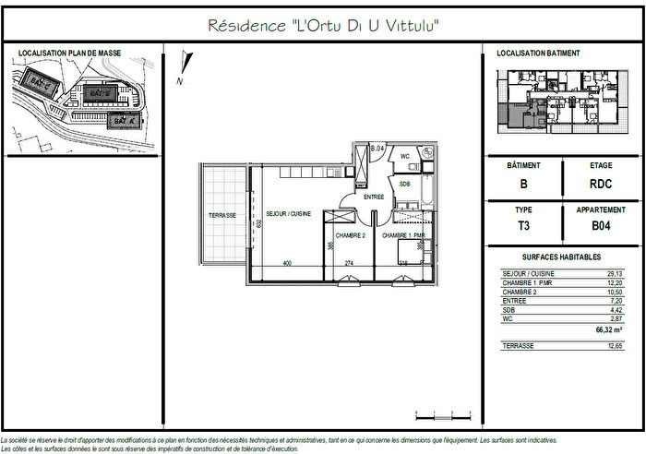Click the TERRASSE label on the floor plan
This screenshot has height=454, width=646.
221,215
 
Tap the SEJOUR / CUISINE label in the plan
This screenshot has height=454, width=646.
288,213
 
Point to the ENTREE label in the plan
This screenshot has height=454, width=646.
373,197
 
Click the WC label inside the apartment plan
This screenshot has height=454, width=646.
404,156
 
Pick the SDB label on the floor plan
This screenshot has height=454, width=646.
404,185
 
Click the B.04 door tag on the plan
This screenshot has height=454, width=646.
377,149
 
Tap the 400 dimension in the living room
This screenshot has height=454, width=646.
287,264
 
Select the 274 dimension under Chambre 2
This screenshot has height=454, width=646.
349,264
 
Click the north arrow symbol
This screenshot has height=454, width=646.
185,69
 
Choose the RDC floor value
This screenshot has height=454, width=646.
601,184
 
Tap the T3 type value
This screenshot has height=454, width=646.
523,224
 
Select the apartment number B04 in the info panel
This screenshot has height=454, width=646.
601,224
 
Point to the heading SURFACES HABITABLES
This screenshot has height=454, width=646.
561,257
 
